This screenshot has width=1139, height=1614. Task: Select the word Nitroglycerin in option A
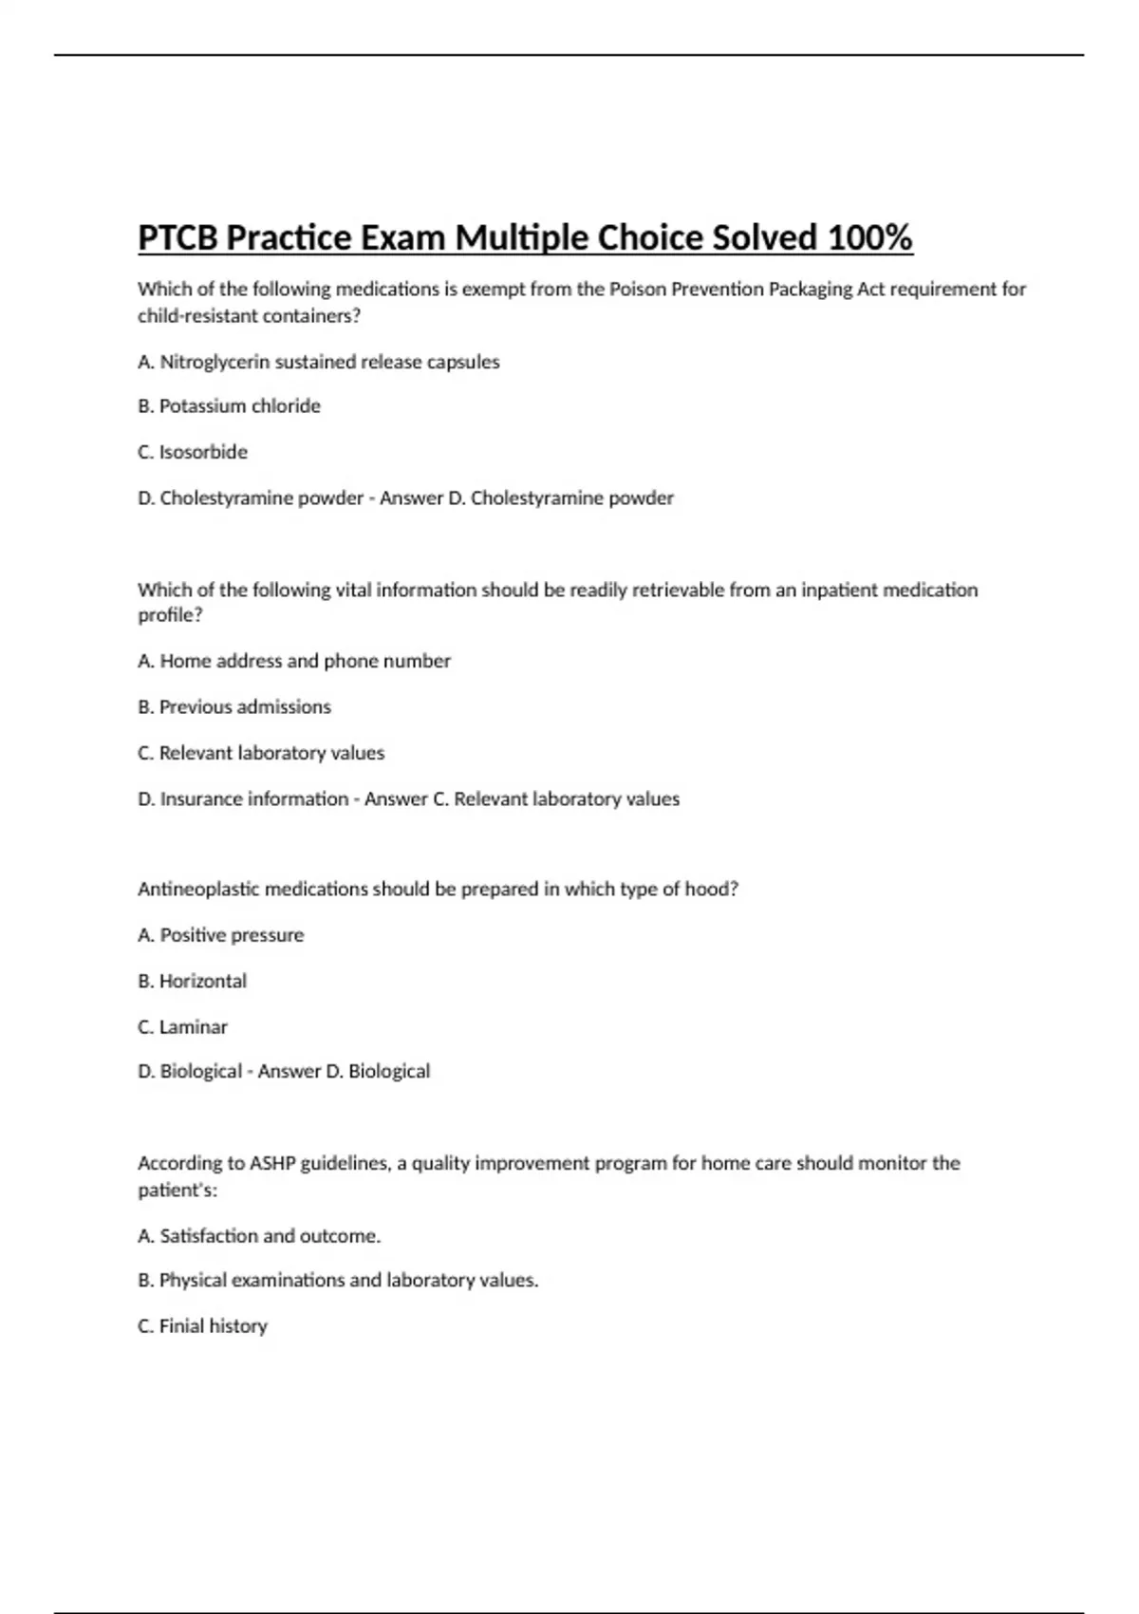point(215,362)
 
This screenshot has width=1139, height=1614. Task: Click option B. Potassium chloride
point(229,406)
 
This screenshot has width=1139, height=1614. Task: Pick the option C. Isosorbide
point(193,452)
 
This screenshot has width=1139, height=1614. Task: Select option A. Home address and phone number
point(294,661)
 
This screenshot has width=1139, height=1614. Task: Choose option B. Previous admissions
point(234,707)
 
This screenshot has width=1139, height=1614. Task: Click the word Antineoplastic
point(199,890)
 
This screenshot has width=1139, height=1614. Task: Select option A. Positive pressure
point(220,935)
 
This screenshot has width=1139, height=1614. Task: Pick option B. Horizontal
point(192,982)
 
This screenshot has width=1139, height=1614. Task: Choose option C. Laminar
point(182,1027)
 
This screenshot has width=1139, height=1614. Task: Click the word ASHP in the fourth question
point(272,1163)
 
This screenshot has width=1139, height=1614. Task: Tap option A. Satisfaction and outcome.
point(259,1236)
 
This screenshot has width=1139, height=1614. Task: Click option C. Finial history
point(202,1326)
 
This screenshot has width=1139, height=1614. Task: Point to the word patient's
point(177,1191)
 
